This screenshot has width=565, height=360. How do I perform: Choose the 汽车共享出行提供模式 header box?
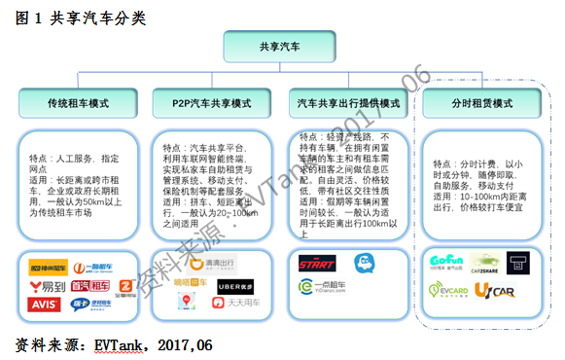coord(349,101)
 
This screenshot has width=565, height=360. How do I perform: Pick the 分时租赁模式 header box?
coord(483,101)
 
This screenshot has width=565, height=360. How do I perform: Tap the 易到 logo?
coord(47,286)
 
